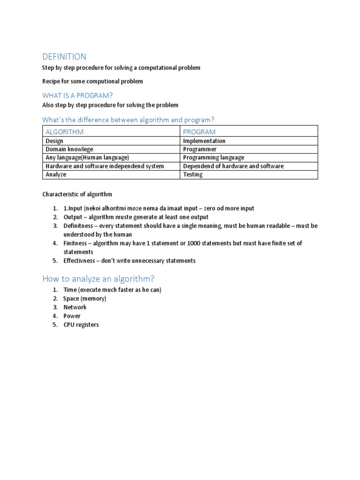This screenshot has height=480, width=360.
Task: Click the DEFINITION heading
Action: click(x=64, y=57)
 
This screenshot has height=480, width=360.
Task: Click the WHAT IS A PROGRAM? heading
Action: click(x=78, y=95)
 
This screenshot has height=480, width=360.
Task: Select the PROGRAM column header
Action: click(x=199, y=132)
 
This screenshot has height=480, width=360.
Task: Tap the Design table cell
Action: click(x=54, y=141)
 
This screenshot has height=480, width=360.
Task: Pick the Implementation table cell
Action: click(x=204, y=141)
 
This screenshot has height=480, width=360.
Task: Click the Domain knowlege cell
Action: click(x=66, y=149)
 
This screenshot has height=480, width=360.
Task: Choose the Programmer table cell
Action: click(x=200, y=149)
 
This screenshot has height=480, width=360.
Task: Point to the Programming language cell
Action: click(x=213, y=157)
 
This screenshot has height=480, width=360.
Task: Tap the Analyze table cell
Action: click(x=56, y=174)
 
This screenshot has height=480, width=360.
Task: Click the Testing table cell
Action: click(x=193, y=174)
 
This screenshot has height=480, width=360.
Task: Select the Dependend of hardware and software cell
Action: click(x=233, y=166)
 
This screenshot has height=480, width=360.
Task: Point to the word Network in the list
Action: click(x=75, y=307)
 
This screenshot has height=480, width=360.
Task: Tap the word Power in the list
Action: click(x=72, y=316)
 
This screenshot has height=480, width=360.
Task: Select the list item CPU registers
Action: click(x=81, y=324)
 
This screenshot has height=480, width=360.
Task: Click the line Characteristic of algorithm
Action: click(x=77, y=194)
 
